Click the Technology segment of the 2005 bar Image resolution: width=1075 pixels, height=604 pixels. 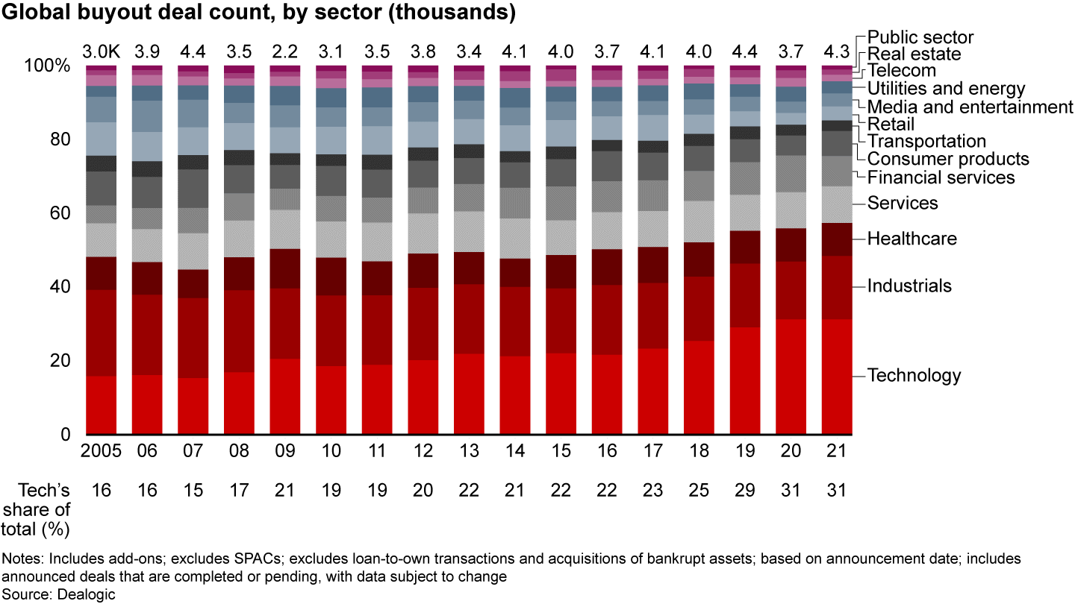tap(102, 405)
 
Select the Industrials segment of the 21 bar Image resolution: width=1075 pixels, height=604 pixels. tap(837, 288)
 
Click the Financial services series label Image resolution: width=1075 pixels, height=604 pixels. tap(941, 177)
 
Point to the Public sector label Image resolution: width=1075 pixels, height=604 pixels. tap(920, 37)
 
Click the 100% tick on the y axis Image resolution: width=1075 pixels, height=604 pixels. tap(47, 66)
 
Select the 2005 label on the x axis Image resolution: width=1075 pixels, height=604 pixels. tap(102, 453)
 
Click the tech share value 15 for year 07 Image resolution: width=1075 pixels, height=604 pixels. tap(193, 490)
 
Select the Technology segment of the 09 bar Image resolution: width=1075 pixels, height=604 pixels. tap(285, 397)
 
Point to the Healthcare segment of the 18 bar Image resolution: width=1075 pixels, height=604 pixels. tap(699, 259)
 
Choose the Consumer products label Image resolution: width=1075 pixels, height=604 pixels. tap(948, 159)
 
